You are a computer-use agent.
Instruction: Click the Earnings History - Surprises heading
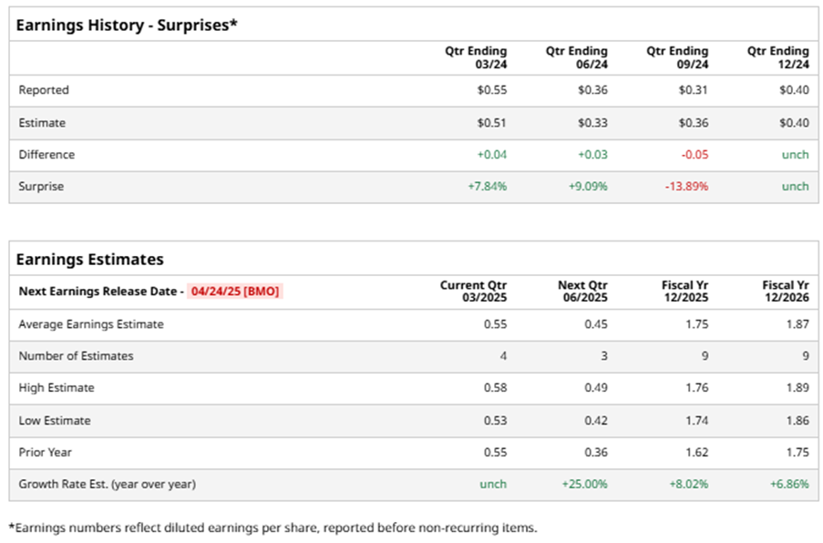point(127,25)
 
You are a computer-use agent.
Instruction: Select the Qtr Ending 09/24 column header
point(677,57)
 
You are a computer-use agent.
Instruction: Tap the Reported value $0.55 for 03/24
point(492,90)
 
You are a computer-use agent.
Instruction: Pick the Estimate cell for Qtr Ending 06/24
point(592,123)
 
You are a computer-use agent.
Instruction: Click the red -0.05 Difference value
point(694,155)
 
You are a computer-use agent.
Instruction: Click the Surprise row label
point(41,187)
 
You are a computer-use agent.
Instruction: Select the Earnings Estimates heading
point(90,260)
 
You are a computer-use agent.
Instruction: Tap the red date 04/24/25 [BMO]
point(235,292)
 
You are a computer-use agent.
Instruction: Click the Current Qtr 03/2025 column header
point(473,292)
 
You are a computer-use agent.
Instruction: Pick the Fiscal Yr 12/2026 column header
point(785,292)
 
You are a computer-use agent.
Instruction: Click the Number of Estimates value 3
point(603,356)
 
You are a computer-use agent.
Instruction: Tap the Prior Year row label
point(45,453)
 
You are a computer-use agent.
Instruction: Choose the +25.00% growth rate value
point(584,485)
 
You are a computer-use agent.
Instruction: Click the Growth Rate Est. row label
point(107,485)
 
